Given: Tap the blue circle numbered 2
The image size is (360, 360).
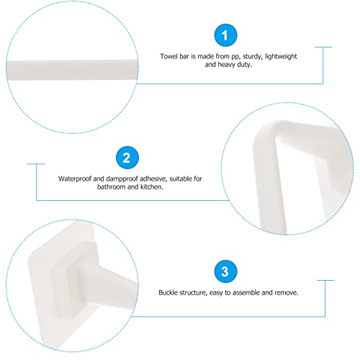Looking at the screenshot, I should point(126,158).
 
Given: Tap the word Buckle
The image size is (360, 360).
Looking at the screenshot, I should point(170,293).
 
